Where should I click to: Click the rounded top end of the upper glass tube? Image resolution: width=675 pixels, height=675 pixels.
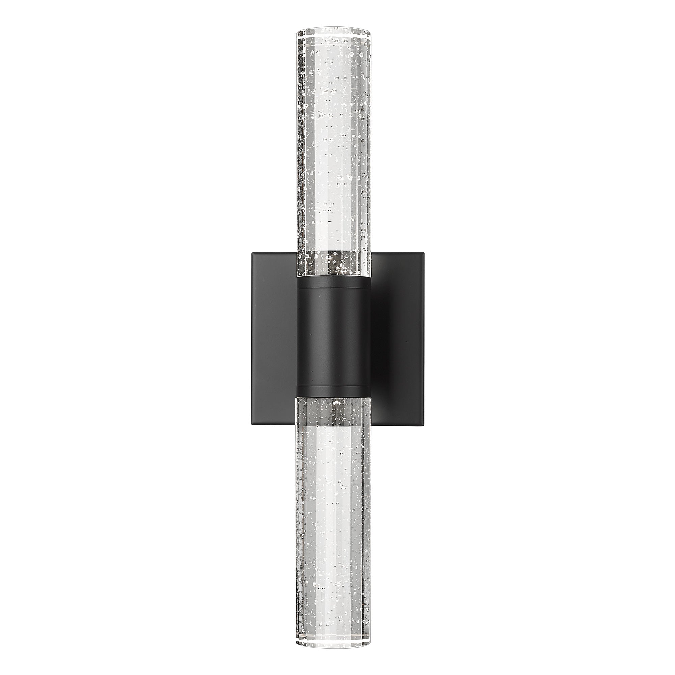[x=333, y=29]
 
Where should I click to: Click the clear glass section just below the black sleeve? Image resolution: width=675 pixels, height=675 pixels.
[x=333, y=410]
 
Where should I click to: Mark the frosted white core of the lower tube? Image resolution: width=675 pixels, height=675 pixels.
[x=333, y=524]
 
